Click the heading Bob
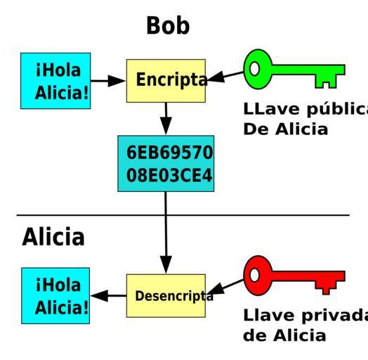(x=168, y=25)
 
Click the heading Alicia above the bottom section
(x=53, y=237)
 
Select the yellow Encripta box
(x=166, y=81)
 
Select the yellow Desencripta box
(x=166, y=295)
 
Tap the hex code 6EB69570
(x=169, y=153)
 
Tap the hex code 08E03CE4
(x=169, y=175)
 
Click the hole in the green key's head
(x=255, y=69)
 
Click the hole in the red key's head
(x=255, y=275)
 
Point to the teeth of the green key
(x=326, y=82)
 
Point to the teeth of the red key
(x=326, y=288)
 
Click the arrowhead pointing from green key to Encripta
(x=216, y=77)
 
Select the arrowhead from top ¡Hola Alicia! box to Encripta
(x=117, y=81)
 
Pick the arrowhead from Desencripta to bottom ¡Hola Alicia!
(x=99, y=295)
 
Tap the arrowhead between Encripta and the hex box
(x=166, y=126)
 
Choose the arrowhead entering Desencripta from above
(x=166, y=265)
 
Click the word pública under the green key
(x=337, y=110)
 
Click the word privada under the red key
(x=335, y=316)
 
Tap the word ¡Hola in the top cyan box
(x=58, y=70)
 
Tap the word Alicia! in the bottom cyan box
(x=62, y=307)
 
